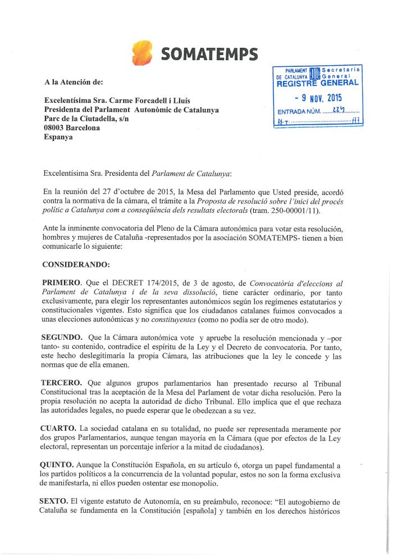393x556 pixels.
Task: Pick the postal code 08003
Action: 57,127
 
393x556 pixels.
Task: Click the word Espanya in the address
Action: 58,137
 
